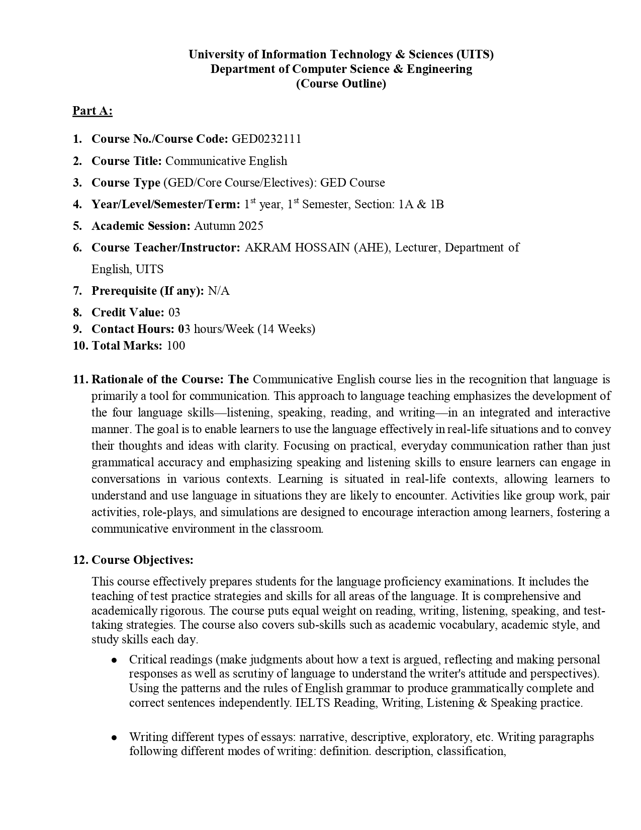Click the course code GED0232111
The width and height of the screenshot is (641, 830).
point(266,139)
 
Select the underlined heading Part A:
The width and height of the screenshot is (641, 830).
point(92,111)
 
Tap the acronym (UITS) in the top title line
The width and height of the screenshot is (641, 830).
point(475,54)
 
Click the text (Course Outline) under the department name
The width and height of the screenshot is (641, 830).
point(341,84)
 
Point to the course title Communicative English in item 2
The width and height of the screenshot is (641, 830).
point(226,161)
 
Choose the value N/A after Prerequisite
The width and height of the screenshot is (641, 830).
point(218,291)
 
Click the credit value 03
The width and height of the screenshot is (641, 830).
point(174,312)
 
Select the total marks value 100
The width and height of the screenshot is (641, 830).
point(175,346)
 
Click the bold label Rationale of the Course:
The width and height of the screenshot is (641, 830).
point(158,379)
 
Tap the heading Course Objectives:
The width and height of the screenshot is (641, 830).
point(142,560)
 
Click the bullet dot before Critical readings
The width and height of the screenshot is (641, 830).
point(115,659)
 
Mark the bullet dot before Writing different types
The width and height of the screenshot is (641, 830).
point(115,737)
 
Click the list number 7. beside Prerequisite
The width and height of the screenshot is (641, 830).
point(77,291)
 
